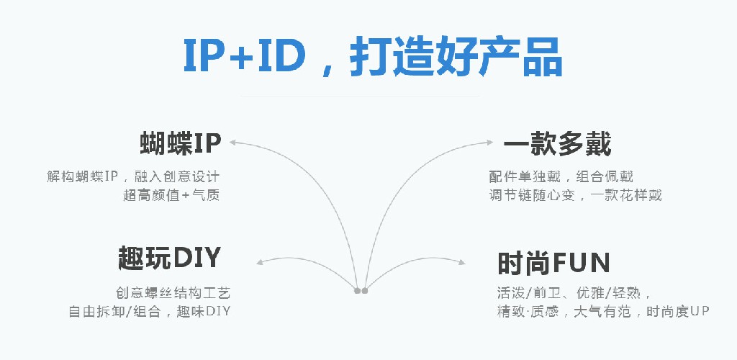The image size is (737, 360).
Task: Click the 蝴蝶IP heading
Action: pos(179,144)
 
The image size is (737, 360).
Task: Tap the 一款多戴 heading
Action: pos(557,144)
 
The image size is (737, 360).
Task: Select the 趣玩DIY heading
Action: pos(169,257)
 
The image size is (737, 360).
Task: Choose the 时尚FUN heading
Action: pos(553,263)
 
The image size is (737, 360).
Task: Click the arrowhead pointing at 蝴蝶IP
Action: pos(233,142)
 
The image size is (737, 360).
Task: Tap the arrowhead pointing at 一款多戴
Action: pos(492,142)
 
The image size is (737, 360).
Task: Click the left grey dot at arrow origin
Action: pos(358,291)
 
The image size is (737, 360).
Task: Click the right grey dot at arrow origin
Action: pos(365,291)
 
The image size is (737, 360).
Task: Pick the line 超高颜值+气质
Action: pos(171,195)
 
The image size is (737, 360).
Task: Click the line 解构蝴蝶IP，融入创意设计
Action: pos(133,176)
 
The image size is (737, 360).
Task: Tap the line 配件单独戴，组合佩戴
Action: pos(561,176)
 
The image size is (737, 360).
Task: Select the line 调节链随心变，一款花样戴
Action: pos(575,195)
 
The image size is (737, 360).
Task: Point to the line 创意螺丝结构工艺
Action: pos(173,293)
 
